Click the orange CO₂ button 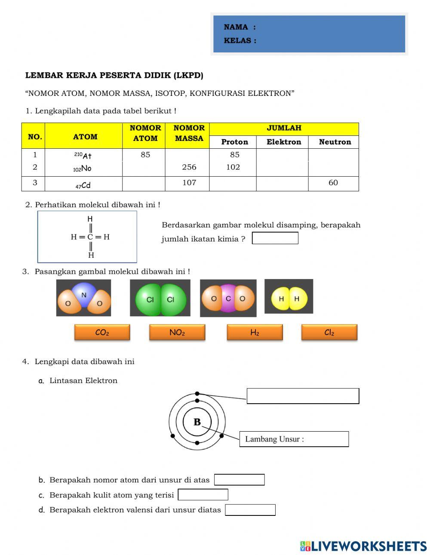(102, 332)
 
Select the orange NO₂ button (177, 332)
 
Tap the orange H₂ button (255, 332)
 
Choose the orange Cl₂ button (329, 332)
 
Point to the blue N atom (84, 294)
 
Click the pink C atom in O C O (228, 298)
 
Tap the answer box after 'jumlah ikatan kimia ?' (275, 238)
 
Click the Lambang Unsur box (294, 439)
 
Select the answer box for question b (239, 480)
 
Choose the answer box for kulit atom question (203, 495)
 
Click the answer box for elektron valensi (250, 510)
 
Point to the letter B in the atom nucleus (197, 422)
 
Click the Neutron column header (335, 142)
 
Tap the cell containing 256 (189, 167)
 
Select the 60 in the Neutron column (333, 183)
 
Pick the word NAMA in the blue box (236, 27)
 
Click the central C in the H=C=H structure (90, 237)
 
